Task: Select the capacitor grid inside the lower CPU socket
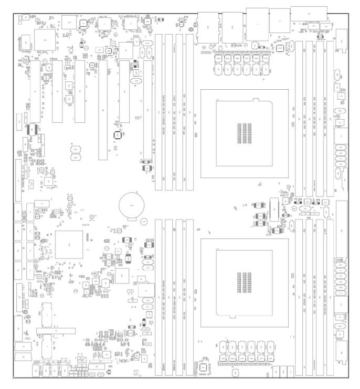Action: point(245,282)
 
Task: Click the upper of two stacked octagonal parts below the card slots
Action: point(77,150)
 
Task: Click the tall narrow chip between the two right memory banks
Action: point(273,210)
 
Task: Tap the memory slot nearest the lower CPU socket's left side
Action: point(189,297)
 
